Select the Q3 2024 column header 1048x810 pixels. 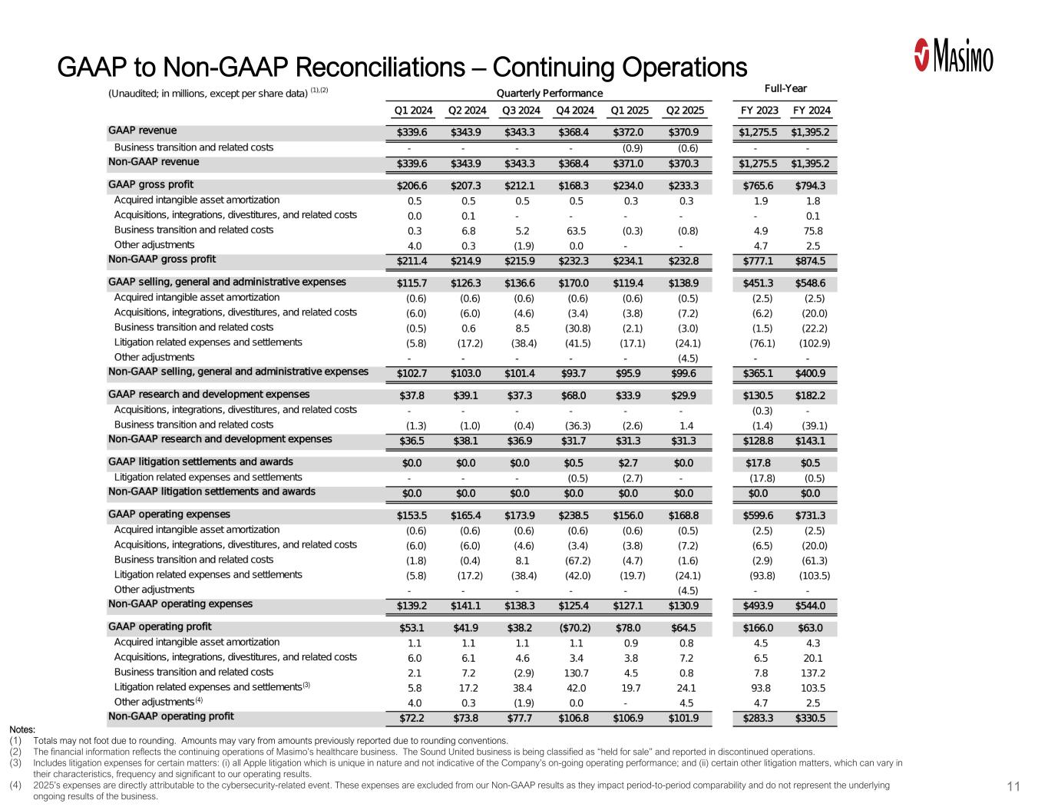(521, 111)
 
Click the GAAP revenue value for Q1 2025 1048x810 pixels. (629, 132)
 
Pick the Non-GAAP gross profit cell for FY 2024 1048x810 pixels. (812, 260)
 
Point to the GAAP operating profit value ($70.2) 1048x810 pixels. (574, 628)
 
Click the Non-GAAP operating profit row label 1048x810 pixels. (170, 717)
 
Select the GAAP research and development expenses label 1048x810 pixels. (209, 395)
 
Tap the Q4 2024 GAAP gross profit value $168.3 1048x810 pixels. (574, 185)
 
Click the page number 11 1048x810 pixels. (1013, 787)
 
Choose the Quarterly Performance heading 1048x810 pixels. (550, 94)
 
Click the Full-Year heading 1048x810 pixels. (785, 88)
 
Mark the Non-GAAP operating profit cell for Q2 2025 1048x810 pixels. (683, 719)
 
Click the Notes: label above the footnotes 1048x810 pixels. (22, 729)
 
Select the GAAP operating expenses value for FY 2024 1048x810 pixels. (812, 516)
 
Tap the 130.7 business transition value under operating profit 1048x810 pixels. (576, 673)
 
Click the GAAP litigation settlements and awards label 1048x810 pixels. (200, 462)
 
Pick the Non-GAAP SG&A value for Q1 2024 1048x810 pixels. (412, 373)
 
